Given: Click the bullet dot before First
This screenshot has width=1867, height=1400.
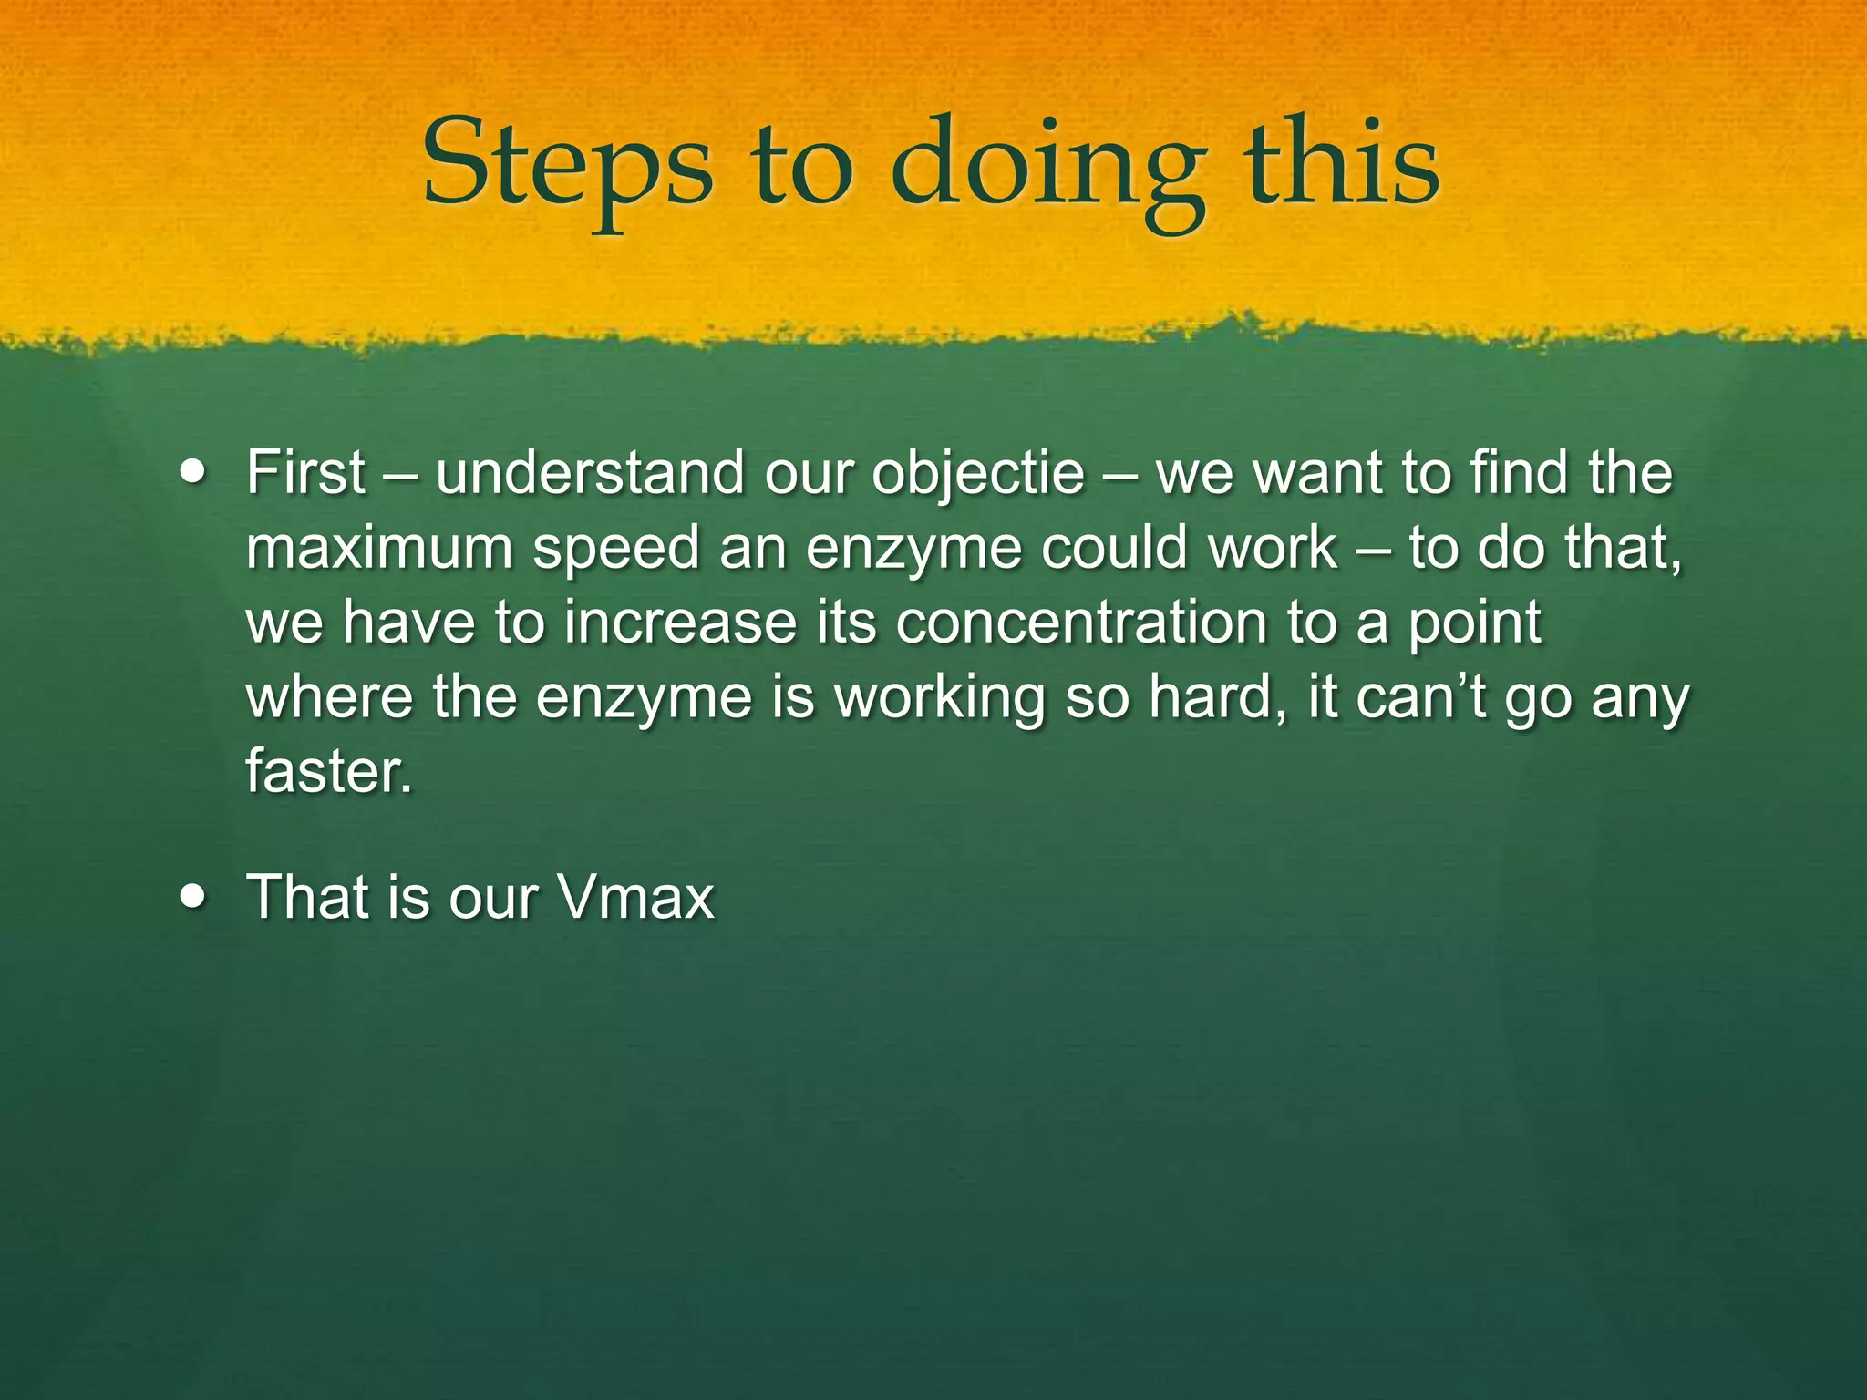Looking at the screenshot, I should (193, 473).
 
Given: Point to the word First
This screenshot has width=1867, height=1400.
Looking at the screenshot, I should (305, 473).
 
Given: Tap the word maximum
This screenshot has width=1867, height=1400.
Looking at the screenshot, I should (378, 549).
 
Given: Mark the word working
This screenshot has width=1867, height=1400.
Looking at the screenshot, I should (939, 699).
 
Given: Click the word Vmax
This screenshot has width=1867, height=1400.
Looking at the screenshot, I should (635, 898).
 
